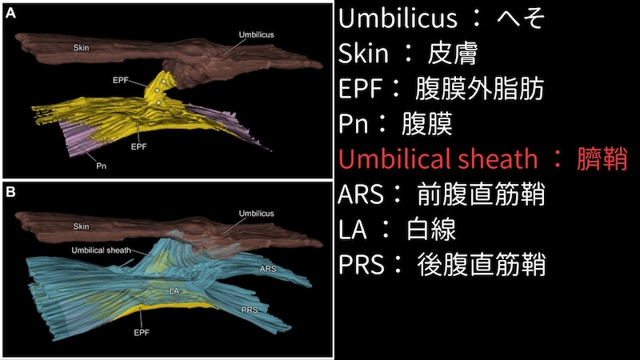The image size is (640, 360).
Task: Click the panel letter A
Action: click(12, 14)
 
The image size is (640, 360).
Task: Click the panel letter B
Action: click(12, 193)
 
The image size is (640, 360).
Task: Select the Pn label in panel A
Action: click(102, 166)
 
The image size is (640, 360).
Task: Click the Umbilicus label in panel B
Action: click(256, 214)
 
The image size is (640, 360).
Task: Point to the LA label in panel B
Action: click(172, 291)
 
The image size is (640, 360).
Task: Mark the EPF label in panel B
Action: click(142, 330)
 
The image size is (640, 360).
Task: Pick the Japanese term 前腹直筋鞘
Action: click(481, 194)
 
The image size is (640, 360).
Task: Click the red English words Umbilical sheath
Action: click(438, 159)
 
